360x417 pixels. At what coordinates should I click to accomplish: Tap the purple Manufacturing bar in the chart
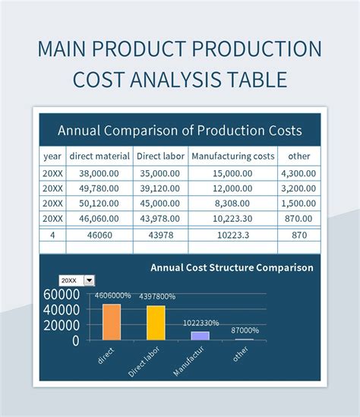201,335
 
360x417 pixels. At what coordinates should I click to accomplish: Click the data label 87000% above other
245,330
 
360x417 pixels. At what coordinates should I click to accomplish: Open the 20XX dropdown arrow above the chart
89,280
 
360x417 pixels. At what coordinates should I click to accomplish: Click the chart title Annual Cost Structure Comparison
232,267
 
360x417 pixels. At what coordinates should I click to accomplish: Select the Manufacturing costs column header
232,156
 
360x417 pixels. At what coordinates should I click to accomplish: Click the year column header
52,156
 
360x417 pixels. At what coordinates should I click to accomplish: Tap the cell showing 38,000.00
99,173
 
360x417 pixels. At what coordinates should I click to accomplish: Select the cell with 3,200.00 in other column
298,189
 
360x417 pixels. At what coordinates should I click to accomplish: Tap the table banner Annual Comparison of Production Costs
180,130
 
